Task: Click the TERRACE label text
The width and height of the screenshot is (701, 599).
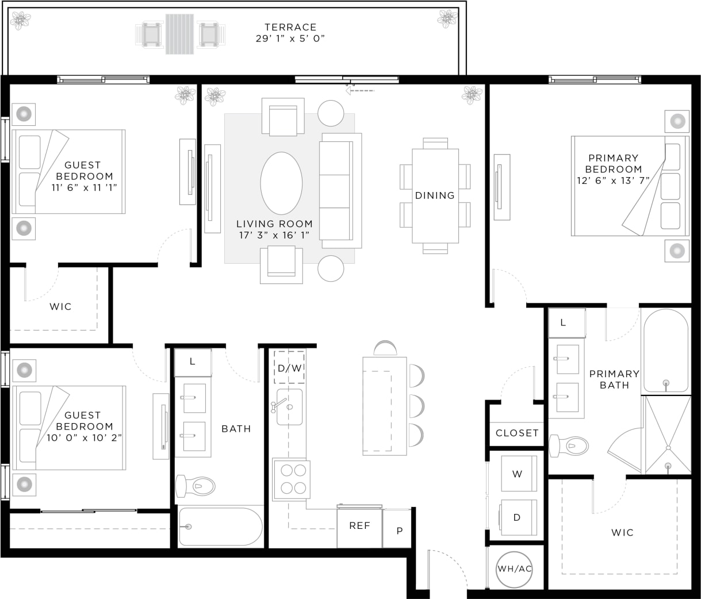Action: point(290,27)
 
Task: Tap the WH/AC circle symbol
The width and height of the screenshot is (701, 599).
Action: point(514,569)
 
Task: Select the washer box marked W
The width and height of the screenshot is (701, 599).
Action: point(518,474)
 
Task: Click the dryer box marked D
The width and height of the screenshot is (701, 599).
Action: point(518,517)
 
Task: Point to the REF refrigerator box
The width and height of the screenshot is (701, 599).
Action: point(359,527)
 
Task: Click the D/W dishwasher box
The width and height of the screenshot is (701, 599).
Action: point(289,368)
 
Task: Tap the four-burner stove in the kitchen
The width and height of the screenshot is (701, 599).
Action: point(292,479)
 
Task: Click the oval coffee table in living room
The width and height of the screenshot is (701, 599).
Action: point(281,183)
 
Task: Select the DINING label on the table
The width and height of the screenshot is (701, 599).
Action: point(435,195)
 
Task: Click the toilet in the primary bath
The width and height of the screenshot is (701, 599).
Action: point(569,446)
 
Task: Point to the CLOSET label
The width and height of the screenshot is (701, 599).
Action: point(517,433)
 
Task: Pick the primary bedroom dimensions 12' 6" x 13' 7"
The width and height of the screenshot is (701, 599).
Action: point(614,181)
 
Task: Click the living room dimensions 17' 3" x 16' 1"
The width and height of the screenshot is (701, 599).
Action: point(274,235)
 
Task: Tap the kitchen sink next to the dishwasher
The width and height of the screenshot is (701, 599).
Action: point(289,406)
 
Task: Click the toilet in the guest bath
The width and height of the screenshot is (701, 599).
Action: point(196,486)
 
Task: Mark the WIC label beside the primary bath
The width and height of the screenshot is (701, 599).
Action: point(622,533)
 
